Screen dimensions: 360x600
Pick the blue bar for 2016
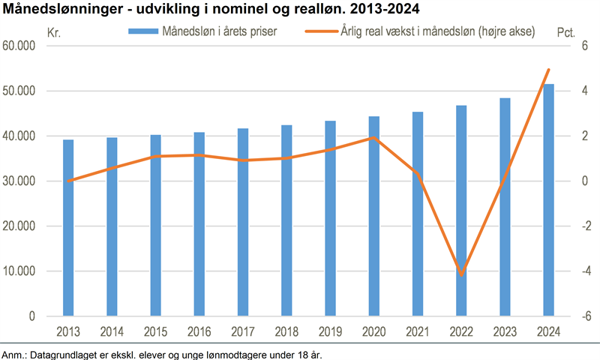199,224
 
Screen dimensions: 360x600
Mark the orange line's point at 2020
374,138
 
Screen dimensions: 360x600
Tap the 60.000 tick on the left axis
20,46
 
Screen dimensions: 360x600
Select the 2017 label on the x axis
243,331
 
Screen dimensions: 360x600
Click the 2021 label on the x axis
418,331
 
